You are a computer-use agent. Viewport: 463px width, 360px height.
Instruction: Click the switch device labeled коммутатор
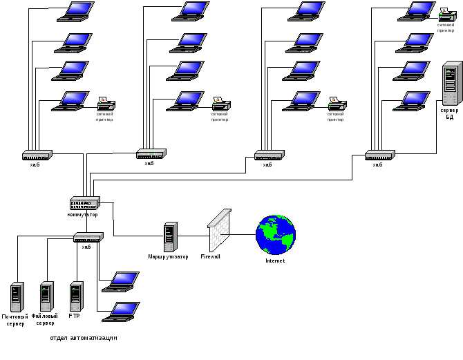[84, 203]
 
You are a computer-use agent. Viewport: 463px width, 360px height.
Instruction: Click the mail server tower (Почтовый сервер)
[17, 296]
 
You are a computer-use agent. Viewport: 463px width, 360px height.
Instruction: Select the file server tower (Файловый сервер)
[46, 296]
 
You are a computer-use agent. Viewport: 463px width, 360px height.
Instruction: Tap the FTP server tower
[75, 296]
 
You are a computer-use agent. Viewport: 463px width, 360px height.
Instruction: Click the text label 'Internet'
[275, 261]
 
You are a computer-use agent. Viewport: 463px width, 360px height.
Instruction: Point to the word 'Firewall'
[210, 256]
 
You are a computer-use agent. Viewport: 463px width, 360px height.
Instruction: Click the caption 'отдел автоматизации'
[84, 338]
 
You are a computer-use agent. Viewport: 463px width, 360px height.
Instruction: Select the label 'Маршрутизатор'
[168, 257]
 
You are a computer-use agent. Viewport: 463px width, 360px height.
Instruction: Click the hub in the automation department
[88, 237]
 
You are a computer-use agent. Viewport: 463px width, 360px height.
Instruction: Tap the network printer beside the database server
[446, 14]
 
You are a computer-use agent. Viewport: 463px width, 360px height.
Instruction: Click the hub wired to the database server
[379, 155]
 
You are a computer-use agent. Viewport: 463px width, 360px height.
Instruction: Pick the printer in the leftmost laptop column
[106, 105]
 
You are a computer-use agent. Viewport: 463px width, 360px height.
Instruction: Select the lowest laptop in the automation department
[120, 312]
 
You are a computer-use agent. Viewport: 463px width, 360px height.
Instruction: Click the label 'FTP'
[74, 316]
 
